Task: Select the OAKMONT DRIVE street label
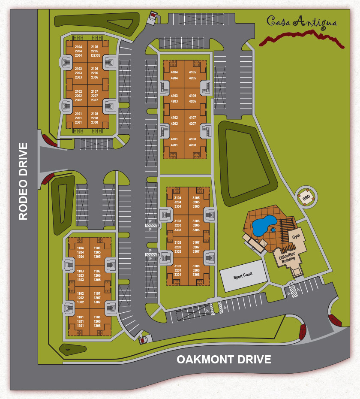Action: tap(224, 359)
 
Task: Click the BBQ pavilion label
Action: tap(306, 198)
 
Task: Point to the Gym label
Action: tap(296, 236)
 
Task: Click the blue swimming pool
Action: tap(263, 225)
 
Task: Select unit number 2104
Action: tap(78, 46)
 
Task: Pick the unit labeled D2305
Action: tap(95, 56)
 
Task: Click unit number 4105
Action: tap(192, 73)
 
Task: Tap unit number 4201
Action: tap(174, 145)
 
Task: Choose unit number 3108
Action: tap(196, 266)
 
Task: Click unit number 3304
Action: tap(178, 206)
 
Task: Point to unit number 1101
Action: tap(80, 317)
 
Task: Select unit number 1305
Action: tap(97, 257)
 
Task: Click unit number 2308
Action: tap(95, 122)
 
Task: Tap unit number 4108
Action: tap(192, 139)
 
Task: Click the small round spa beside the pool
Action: tap(273, 230)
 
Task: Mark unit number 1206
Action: tap(97, 275)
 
